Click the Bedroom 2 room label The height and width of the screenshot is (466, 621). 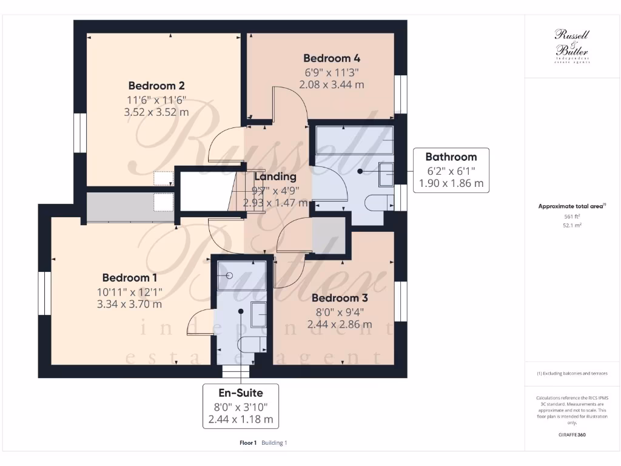pyautogui.click(x=156, y=86)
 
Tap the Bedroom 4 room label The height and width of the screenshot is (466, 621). pyautogui.click(x=332, y=58)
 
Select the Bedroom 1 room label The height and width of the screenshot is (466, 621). pyautogui.click(x=130, y=278)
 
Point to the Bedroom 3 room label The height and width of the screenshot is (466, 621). pyautogui.click(x=340, y=298)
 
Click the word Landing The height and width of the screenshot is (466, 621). pyautogui.click(x=275, y=177)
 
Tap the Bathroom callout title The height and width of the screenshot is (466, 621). pyautogui.click(x=451, y=157)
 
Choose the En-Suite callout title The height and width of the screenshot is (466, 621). pyautogui.click(x=241, y=391)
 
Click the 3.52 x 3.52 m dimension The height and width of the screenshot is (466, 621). pyautogui.click(x=156, y=112)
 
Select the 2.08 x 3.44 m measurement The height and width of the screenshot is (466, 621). pyautogui.click(x=332, y=85)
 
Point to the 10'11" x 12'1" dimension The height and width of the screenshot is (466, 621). pyautogui.click(x=130, y=291)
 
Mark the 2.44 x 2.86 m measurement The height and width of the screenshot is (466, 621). pyautogui.click(x=340, y=325)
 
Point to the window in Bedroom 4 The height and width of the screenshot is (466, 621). pyautogui.click(x=400, y=94)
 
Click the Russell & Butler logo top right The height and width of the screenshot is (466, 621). pyautogui.click(x=572, y=46)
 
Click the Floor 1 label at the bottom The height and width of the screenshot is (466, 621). pyautogui.click(x=249, y=443)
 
